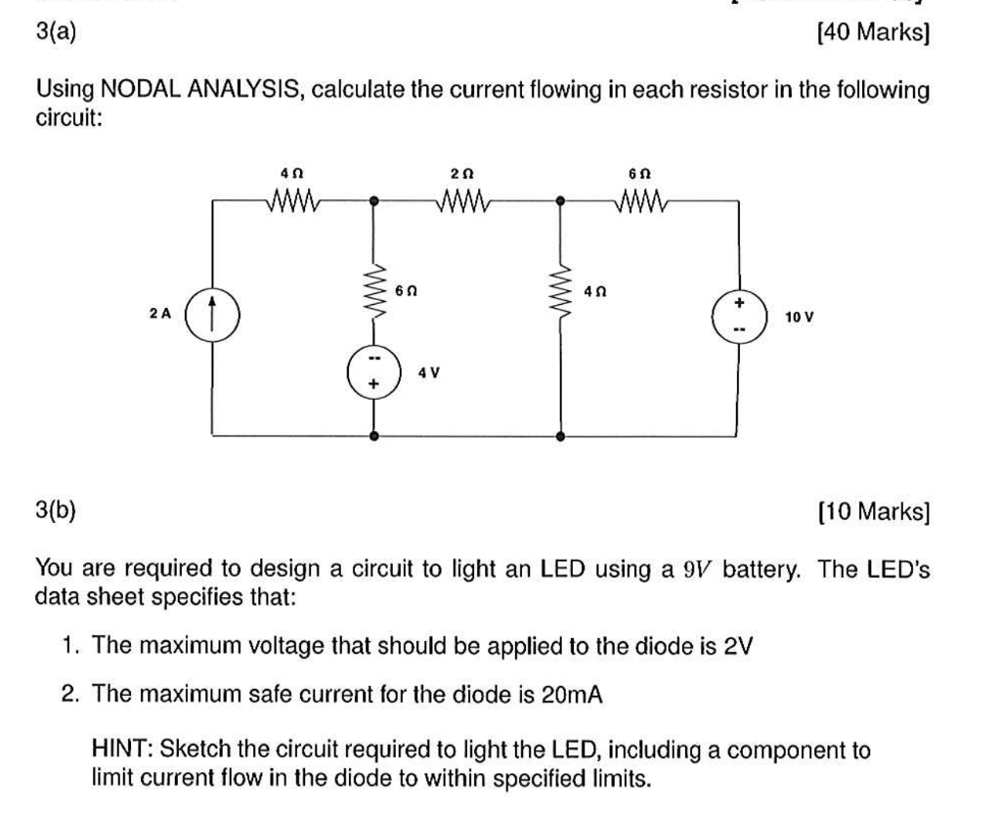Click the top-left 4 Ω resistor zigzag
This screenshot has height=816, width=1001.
click(x=293, y=200)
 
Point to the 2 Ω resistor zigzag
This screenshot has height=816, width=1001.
click(x=463, y=200)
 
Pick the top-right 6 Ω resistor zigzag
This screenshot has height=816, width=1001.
click(x=641, y=200)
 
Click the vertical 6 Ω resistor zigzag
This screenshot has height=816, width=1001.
click(x=374, y=291)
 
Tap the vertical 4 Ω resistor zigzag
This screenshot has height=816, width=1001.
click(x=560, y=291)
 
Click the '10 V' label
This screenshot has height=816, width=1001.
click(x=800, y=317)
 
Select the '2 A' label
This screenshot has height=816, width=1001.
click(x=160, y=314)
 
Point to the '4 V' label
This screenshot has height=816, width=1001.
click(x=429, y=372)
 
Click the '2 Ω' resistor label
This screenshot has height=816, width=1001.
click(x=462, y=174)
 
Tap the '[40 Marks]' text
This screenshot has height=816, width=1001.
click(x=873, y=31)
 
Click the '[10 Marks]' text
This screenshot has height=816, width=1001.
click(x=873, y=511)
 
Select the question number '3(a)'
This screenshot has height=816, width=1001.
click(x=56, y=31)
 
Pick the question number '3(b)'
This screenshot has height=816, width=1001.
click(x=56, y=510)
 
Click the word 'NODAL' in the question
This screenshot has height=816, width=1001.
click(x=141, y=89)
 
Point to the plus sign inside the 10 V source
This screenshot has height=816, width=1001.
click(x=739, y=302)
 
